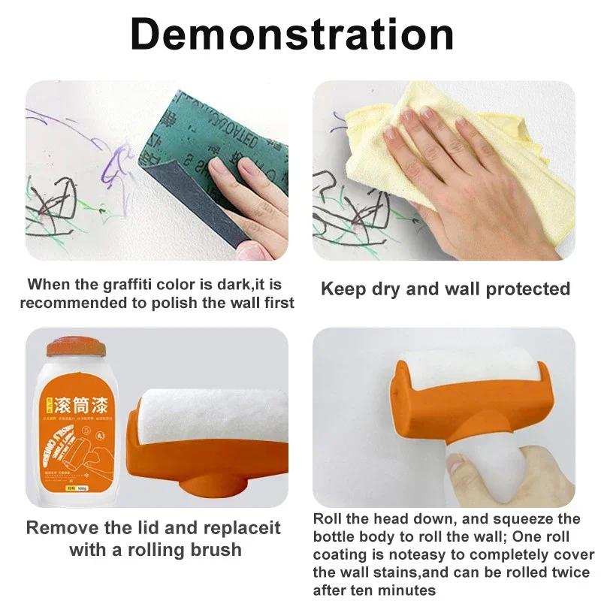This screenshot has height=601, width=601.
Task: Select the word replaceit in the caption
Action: [242, 527]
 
